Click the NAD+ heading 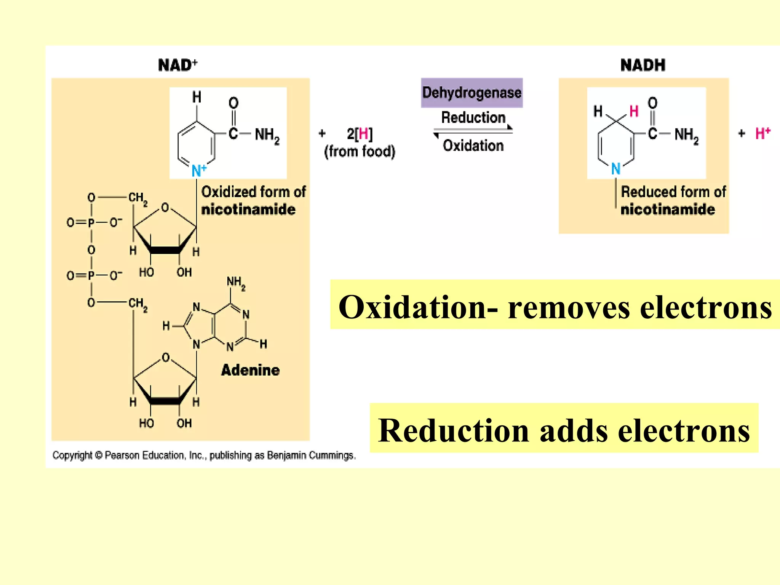pyautogui.click(x=177, y=65)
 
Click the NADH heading pyautogui.click(x=643, y=65)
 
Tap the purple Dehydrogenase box pyautogui.click(x=472, y=93)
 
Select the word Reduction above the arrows pyautogui.click(x=473, y=117)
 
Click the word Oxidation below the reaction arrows pyautogui.click(x=473, y=145)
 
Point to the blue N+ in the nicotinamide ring pyautogui.click(x=198, y=170)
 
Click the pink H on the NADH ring pyautogui.click(x=634, y=111)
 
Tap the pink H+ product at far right pyautogui.click(x=762, y=133)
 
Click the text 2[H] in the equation pyautogui.click(x=360, y=134)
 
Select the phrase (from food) pyautogui.click(x=360, y=152)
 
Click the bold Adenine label pyautogui.click(x=250, y=370)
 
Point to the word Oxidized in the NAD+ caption pyautogui.click(x=228, y=192)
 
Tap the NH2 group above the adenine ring pyautogui.click(x=236, y=283)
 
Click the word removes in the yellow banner pyautogui.click(x=569, y=307)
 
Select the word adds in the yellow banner pyautogui.click(x=574, y=430)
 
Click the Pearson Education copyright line pyautogui.click(x=204, y=455)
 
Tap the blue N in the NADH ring pyautogui.click(x=615, y=168)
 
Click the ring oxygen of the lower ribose pyautogui.click(x=165, y=357)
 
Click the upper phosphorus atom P pyautogui.click(x=91, y=222)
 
